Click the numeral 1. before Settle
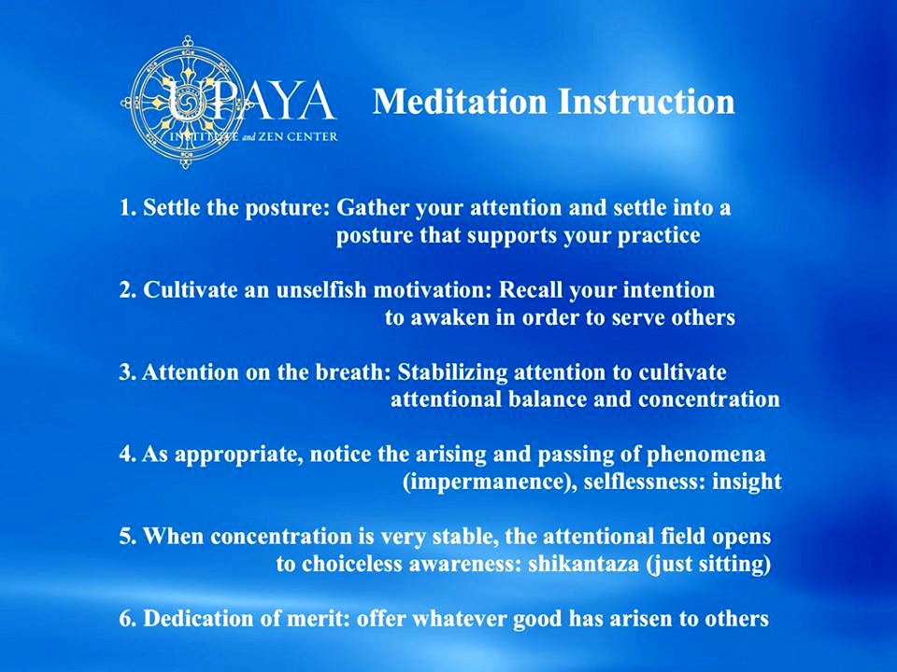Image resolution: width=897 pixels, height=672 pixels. pyautogui.click(x=128, y=207)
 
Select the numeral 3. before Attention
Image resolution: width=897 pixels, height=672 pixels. pyautogui.click(x=128, y=372)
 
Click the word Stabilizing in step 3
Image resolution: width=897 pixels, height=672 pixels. pyautogui.click(x=452, y=372)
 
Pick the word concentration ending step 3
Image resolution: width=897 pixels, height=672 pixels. pyautogui.click(x=709, y=399)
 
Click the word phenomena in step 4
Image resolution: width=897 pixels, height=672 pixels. pyautogui.click(x=705, y=455)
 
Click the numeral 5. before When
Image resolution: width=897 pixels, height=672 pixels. pyautogui.click(x=128, y=537)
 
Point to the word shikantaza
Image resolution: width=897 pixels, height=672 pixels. pyautogui.click(x=583, y=565)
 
